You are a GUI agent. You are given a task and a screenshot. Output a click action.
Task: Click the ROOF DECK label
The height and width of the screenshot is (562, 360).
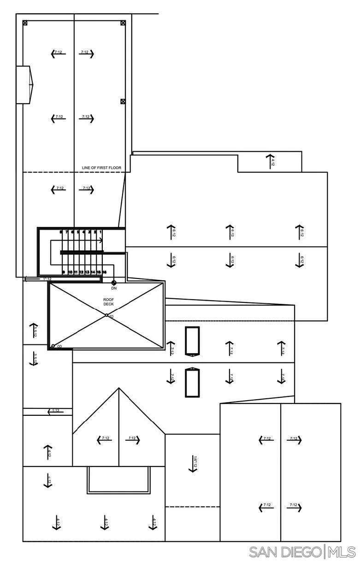pos(108,302)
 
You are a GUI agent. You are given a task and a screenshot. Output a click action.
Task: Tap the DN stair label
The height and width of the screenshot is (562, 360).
pos(114,288)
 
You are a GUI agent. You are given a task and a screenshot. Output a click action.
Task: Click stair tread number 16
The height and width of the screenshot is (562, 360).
pos(105,272)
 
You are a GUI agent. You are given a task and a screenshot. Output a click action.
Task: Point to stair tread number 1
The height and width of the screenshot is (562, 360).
pos(100,232)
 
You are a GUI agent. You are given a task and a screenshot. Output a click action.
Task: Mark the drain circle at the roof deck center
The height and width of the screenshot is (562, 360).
pos(106,315)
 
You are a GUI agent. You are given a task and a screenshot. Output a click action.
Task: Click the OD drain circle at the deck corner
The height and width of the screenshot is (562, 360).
pos(53,346)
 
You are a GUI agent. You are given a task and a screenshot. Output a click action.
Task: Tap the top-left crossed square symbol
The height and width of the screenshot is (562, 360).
pos(25,22)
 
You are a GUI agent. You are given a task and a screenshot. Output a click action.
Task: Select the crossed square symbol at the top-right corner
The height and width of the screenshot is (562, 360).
pos(123,22)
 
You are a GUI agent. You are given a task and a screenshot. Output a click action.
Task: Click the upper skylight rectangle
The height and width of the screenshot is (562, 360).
pos(192,341)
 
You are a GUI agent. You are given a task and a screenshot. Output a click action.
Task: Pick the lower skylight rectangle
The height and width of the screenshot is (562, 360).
pos(192,382)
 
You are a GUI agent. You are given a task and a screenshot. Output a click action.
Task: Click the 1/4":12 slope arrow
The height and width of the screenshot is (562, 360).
pos(193,463)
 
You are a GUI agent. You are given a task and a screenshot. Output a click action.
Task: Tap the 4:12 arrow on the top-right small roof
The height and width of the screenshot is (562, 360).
pos(270,162)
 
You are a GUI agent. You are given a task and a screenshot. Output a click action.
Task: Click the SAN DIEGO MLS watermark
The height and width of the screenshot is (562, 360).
pos(302,551)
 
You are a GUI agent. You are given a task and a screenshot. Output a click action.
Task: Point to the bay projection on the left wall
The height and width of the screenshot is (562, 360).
pos(25,85)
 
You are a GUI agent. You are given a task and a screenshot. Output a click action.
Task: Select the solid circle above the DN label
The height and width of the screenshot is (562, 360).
pos(114,282)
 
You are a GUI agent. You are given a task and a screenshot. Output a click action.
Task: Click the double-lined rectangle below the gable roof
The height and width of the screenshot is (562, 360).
pos(118,480)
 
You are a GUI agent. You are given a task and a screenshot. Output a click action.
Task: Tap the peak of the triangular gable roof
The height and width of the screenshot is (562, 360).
pos(119,388)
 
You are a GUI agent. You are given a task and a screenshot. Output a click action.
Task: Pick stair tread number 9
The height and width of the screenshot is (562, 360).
pos(64,272)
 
